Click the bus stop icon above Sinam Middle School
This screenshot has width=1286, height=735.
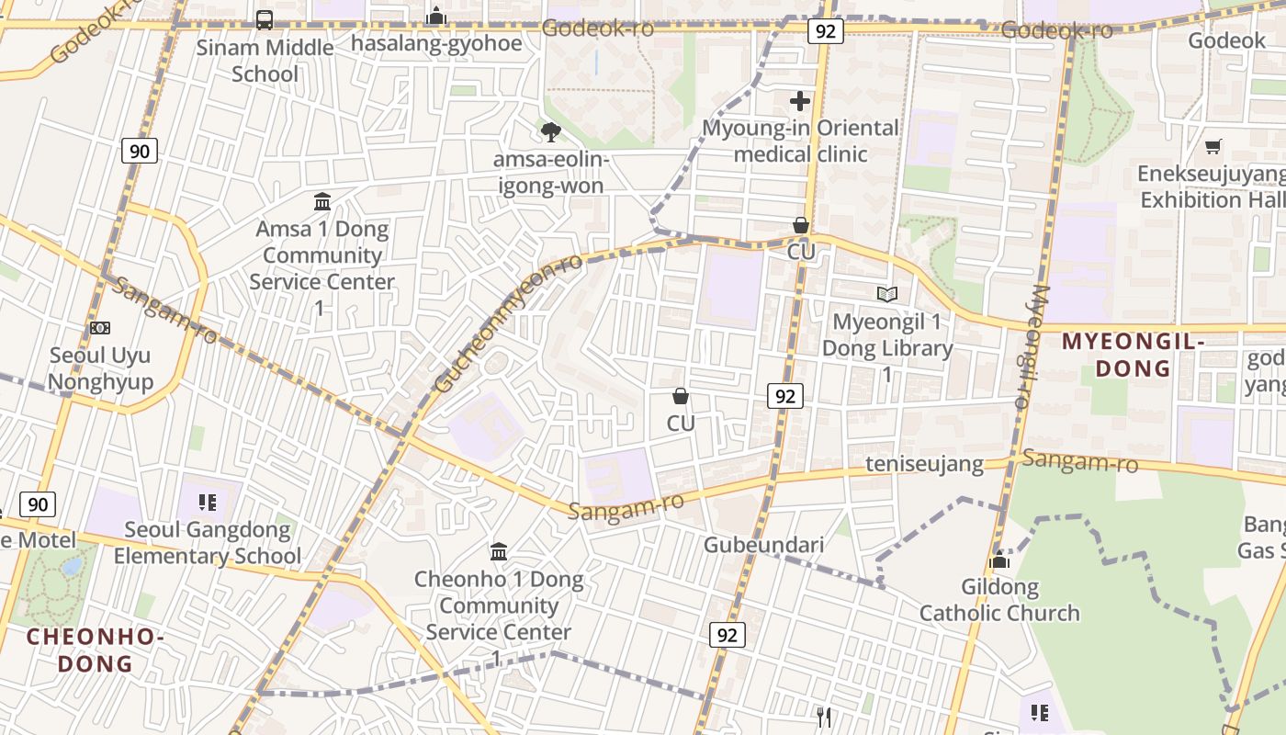click(x=265, y=19)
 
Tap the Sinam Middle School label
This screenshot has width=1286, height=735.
click(x=265, y=61)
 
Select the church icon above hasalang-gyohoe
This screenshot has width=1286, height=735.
click(x=436, y=16)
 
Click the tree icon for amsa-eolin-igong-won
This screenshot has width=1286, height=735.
click(x=550, y=132)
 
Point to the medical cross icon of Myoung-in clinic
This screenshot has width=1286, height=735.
click(x=800, y=101)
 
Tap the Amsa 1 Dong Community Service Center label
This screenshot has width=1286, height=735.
click(x=321, y=255)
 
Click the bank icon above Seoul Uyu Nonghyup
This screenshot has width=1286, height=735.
click(x=100, y=328)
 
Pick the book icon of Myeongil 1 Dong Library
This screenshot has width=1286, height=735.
click(x=886, y=294)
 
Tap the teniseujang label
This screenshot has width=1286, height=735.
click(x=925, y=465)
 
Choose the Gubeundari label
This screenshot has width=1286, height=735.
click(x=763, y=545)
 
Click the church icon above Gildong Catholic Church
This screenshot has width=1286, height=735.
click(x=999, y=560)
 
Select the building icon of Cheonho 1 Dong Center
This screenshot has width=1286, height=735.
click(x=499, y=551)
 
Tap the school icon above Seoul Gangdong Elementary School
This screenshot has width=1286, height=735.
click(x=207, y=503)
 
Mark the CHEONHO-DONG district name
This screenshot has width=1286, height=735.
click(x=96, y=650)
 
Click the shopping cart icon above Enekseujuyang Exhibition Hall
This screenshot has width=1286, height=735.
click(x=1213, y=146)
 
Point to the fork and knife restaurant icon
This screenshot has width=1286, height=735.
click(x=824, y=717)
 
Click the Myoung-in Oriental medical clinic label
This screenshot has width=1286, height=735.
click(x=800, y=141)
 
